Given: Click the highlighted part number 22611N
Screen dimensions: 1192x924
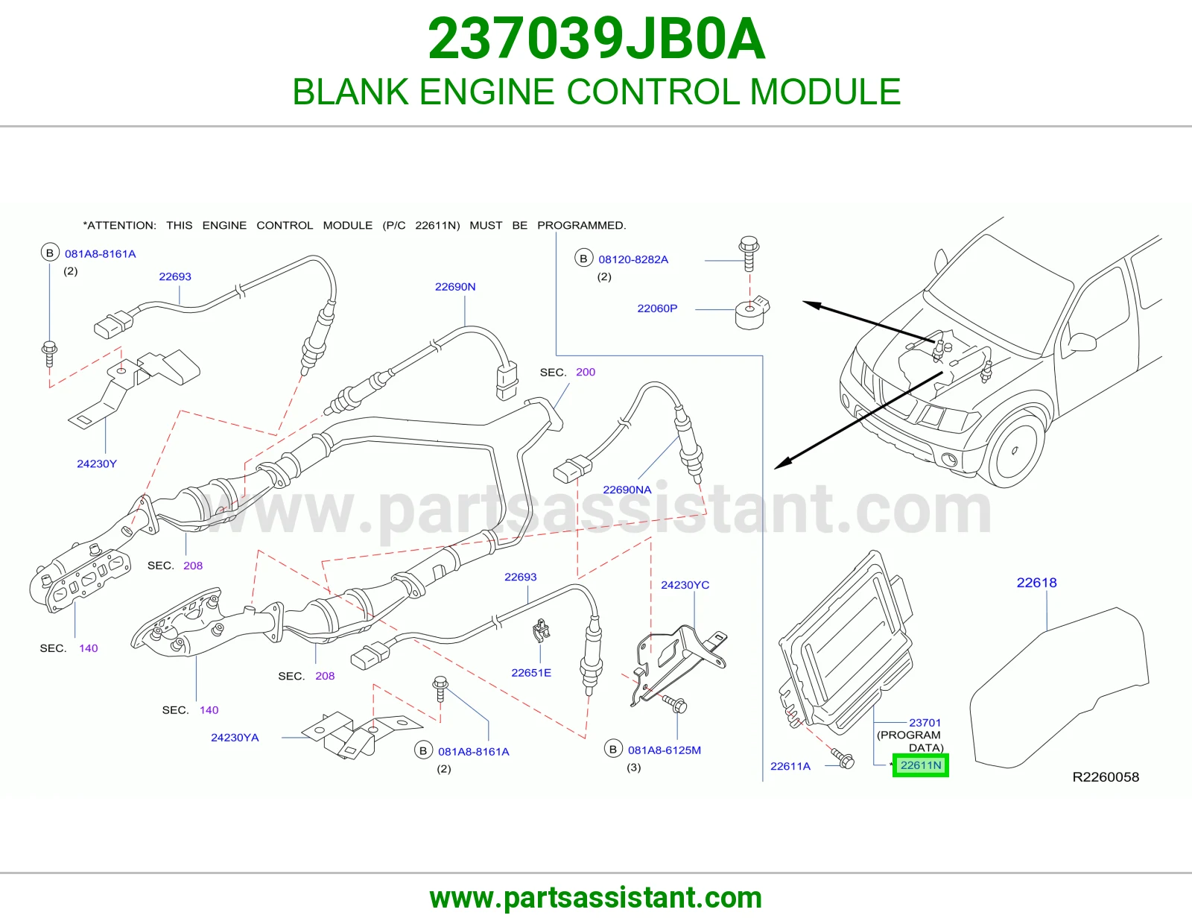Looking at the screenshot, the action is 921,765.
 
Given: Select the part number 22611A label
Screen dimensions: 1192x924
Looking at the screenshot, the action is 790,766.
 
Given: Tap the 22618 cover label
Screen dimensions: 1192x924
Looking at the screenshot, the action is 1036,583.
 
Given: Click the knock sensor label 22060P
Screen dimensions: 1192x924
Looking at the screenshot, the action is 657,308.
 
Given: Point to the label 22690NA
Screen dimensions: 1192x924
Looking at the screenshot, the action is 627,490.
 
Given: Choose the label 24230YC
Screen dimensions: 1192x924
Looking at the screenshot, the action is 685,585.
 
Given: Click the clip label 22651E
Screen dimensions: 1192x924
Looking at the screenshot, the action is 531,673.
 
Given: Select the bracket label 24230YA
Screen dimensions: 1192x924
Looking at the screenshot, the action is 235,738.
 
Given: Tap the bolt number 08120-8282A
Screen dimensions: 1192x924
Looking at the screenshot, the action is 633,259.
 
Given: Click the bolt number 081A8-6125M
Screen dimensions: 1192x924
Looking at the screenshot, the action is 665,750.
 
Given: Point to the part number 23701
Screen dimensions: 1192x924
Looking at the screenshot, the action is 925,723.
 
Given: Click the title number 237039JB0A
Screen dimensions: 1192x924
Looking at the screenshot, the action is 596,39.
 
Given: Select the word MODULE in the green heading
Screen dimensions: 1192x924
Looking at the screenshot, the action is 825,92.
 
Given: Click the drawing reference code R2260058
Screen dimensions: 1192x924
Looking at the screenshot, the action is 1106,777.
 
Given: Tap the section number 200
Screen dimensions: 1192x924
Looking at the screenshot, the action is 586,372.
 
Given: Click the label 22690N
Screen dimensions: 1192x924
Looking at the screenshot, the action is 455,286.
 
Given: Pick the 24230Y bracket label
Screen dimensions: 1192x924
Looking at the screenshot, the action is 97,463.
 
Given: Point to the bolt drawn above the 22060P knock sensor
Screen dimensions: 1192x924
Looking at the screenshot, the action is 749,253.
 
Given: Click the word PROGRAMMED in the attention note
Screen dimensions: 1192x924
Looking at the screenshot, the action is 581,226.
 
